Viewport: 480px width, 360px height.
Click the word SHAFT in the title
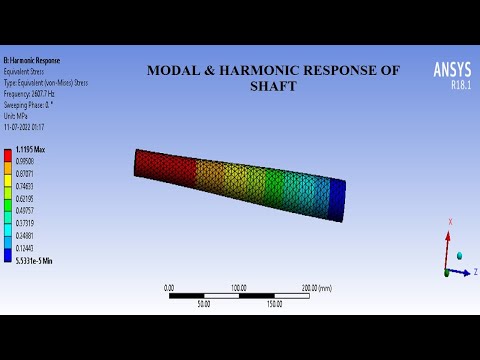coord(274,86)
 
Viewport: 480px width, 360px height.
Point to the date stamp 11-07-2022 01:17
coord(24,127)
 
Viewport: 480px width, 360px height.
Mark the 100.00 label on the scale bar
coord(238,287)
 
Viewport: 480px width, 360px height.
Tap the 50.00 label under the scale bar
coord(204,303)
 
